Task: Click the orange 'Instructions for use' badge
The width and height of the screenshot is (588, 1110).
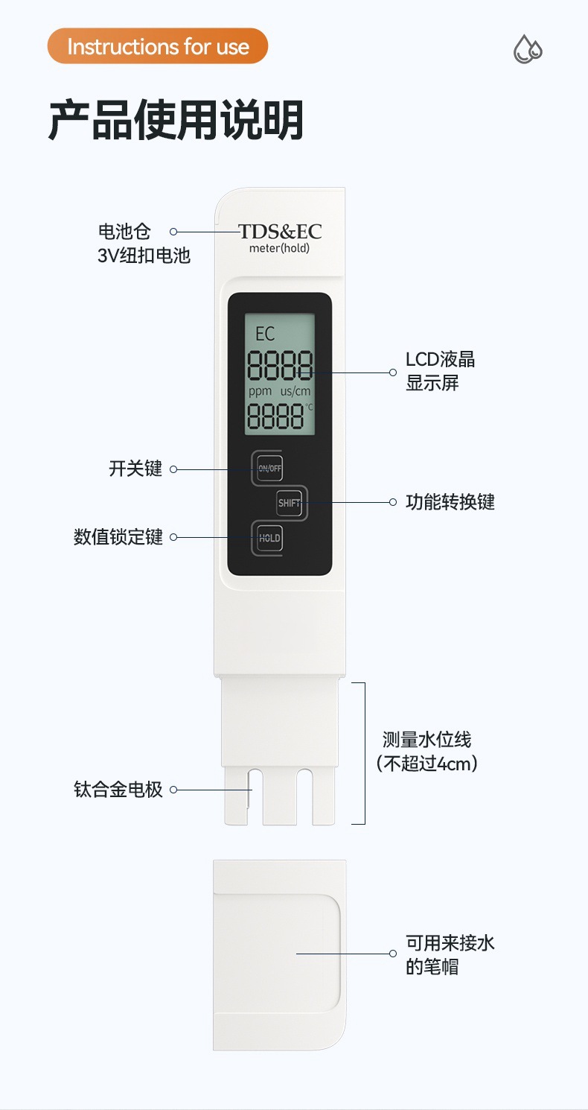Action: tap(157, 46)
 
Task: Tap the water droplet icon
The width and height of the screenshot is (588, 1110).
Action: tap(528, 49)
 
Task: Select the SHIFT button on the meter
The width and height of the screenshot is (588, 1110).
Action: tap(290, 503)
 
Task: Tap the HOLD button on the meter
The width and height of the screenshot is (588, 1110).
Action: tap(269, 538)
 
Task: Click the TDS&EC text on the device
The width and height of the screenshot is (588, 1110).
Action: tap(280, 231)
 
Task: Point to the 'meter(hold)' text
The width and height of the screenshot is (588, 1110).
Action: tap(279, 248)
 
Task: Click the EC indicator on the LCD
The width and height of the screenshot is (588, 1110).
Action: tap(265, 333)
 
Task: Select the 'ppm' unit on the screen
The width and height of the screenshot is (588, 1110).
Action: tap(261, 391)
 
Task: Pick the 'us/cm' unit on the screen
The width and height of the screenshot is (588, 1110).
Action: tap(295, 391)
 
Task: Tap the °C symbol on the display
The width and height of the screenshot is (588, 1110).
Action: tap(309, 407)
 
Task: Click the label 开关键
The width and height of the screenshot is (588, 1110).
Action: tap(135, 469)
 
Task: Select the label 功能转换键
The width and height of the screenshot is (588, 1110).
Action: tap(450, 502)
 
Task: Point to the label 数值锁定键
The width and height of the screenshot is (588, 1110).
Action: tap(118, 537)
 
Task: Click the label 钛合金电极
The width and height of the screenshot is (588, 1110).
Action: tap(118, 790)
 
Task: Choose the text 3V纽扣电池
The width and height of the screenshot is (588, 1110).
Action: tap(144, 256)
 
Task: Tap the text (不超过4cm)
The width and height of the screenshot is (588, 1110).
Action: tap(427, 764)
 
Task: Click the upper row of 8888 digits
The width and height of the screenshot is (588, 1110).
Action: tap(280, 367)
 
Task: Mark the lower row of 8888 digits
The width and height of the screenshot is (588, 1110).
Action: tap(275, 417)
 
